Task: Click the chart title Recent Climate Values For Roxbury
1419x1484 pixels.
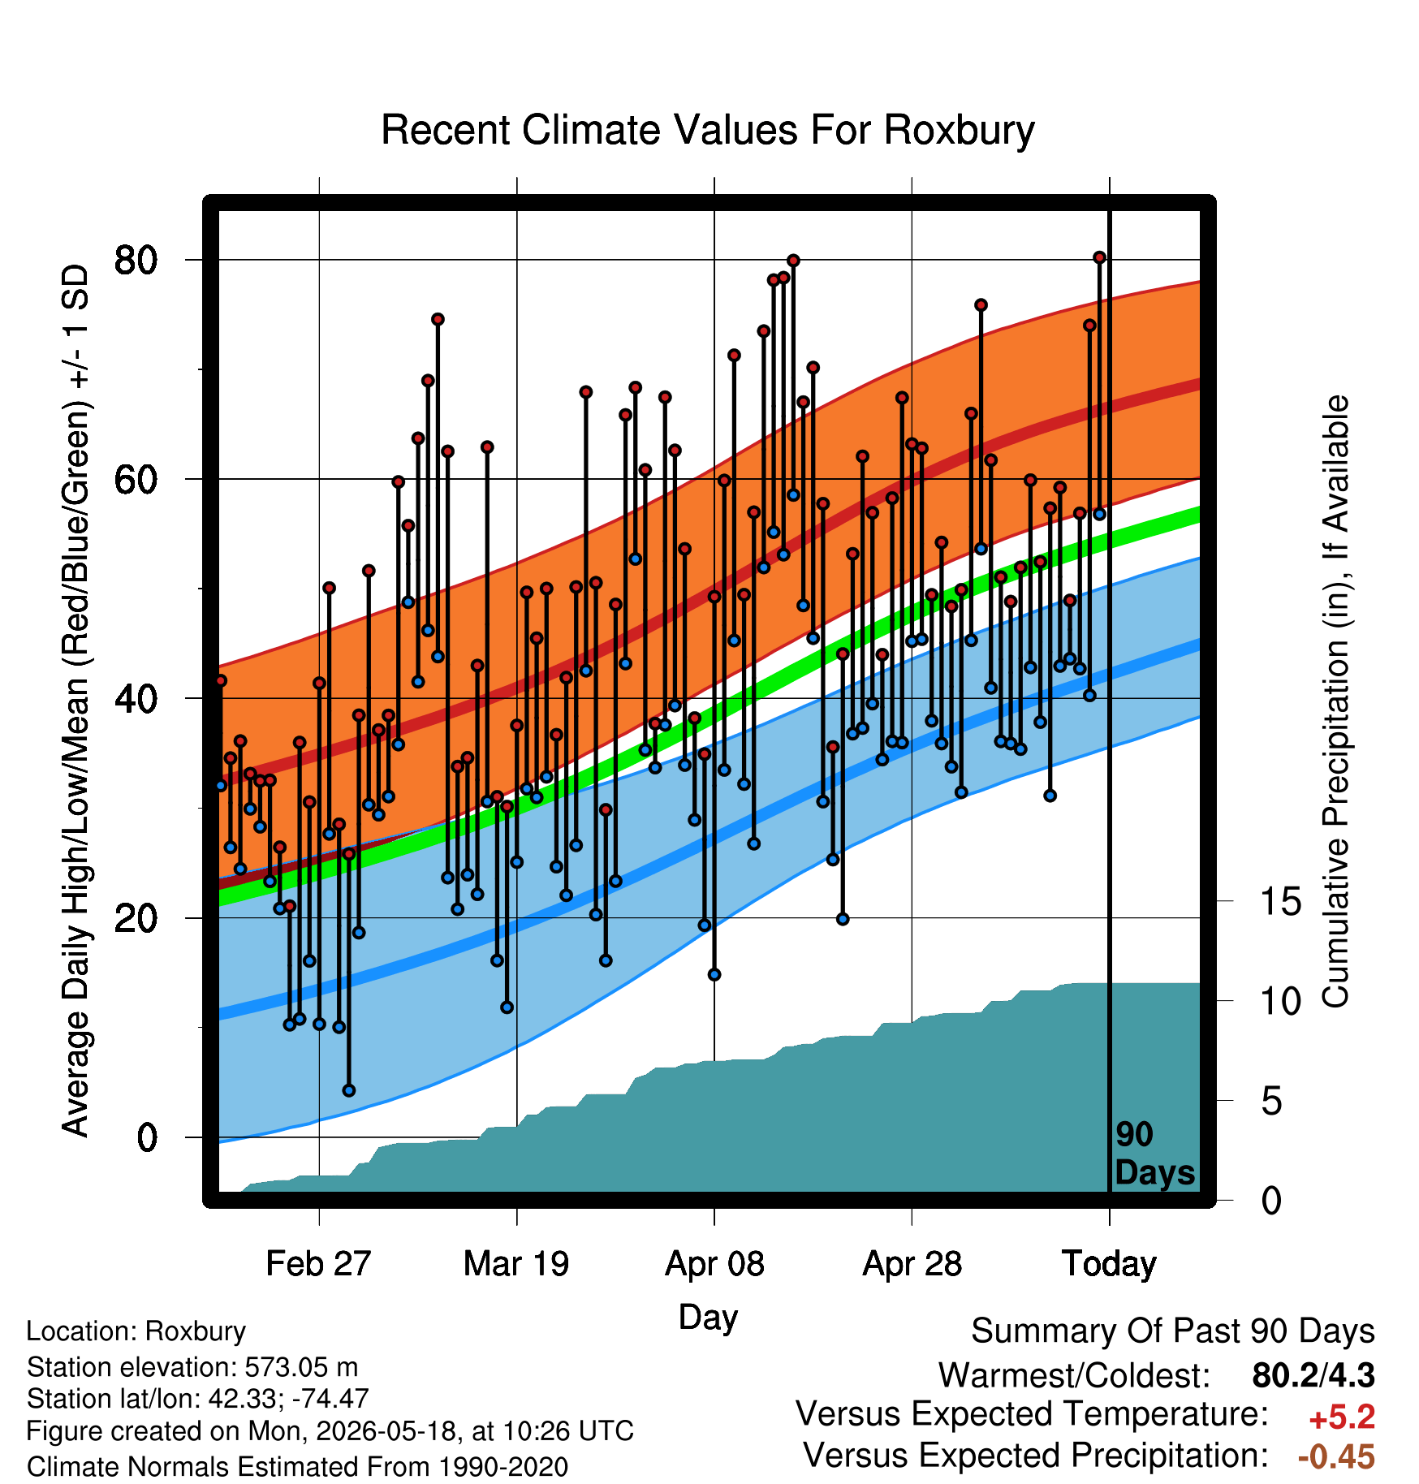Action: [708, 130]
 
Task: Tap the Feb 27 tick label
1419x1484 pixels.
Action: [318, 1263]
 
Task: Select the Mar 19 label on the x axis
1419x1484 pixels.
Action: [516, 1263]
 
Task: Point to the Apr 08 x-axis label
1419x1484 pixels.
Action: [714, 1263]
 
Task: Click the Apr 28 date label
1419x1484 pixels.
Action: [912, 1263]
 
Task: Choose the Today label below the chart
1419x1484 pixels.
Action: [1109, 1263]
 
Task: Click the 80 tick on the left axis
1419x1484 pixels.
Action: [136, 260]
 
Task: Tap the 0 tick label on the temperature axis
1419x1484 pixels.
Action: [147, 1137]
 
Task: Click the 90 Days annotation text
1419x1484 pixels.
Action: [1154, 1154]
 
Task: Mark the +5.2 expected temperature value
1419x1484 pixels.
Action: [1342, 1417]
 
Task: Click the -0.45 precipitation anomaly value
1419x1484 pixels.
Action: [1336, 1456]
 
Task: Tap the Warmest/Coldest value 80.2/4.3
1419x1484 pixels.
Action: [1313, 1375]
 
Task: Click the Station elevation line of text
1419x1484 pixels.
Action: [192, 1367]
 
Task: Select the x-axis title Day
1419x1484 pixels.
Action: [708, 1317]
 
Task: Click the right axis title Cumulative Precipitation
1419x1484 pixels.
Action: [1335, 701]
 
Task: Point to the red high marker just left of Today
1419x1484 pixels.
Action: [1099, 257]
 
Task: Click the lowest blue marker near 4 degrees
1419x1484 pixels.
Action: [348, 1090]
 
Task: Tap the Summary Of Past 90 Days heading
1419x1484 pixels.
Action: [1173, 1331]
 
